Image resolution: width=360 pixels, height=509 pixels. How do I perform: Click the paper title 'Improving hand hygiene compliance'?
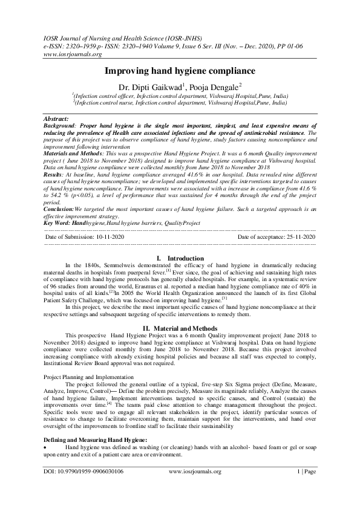tap(180, 70)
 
